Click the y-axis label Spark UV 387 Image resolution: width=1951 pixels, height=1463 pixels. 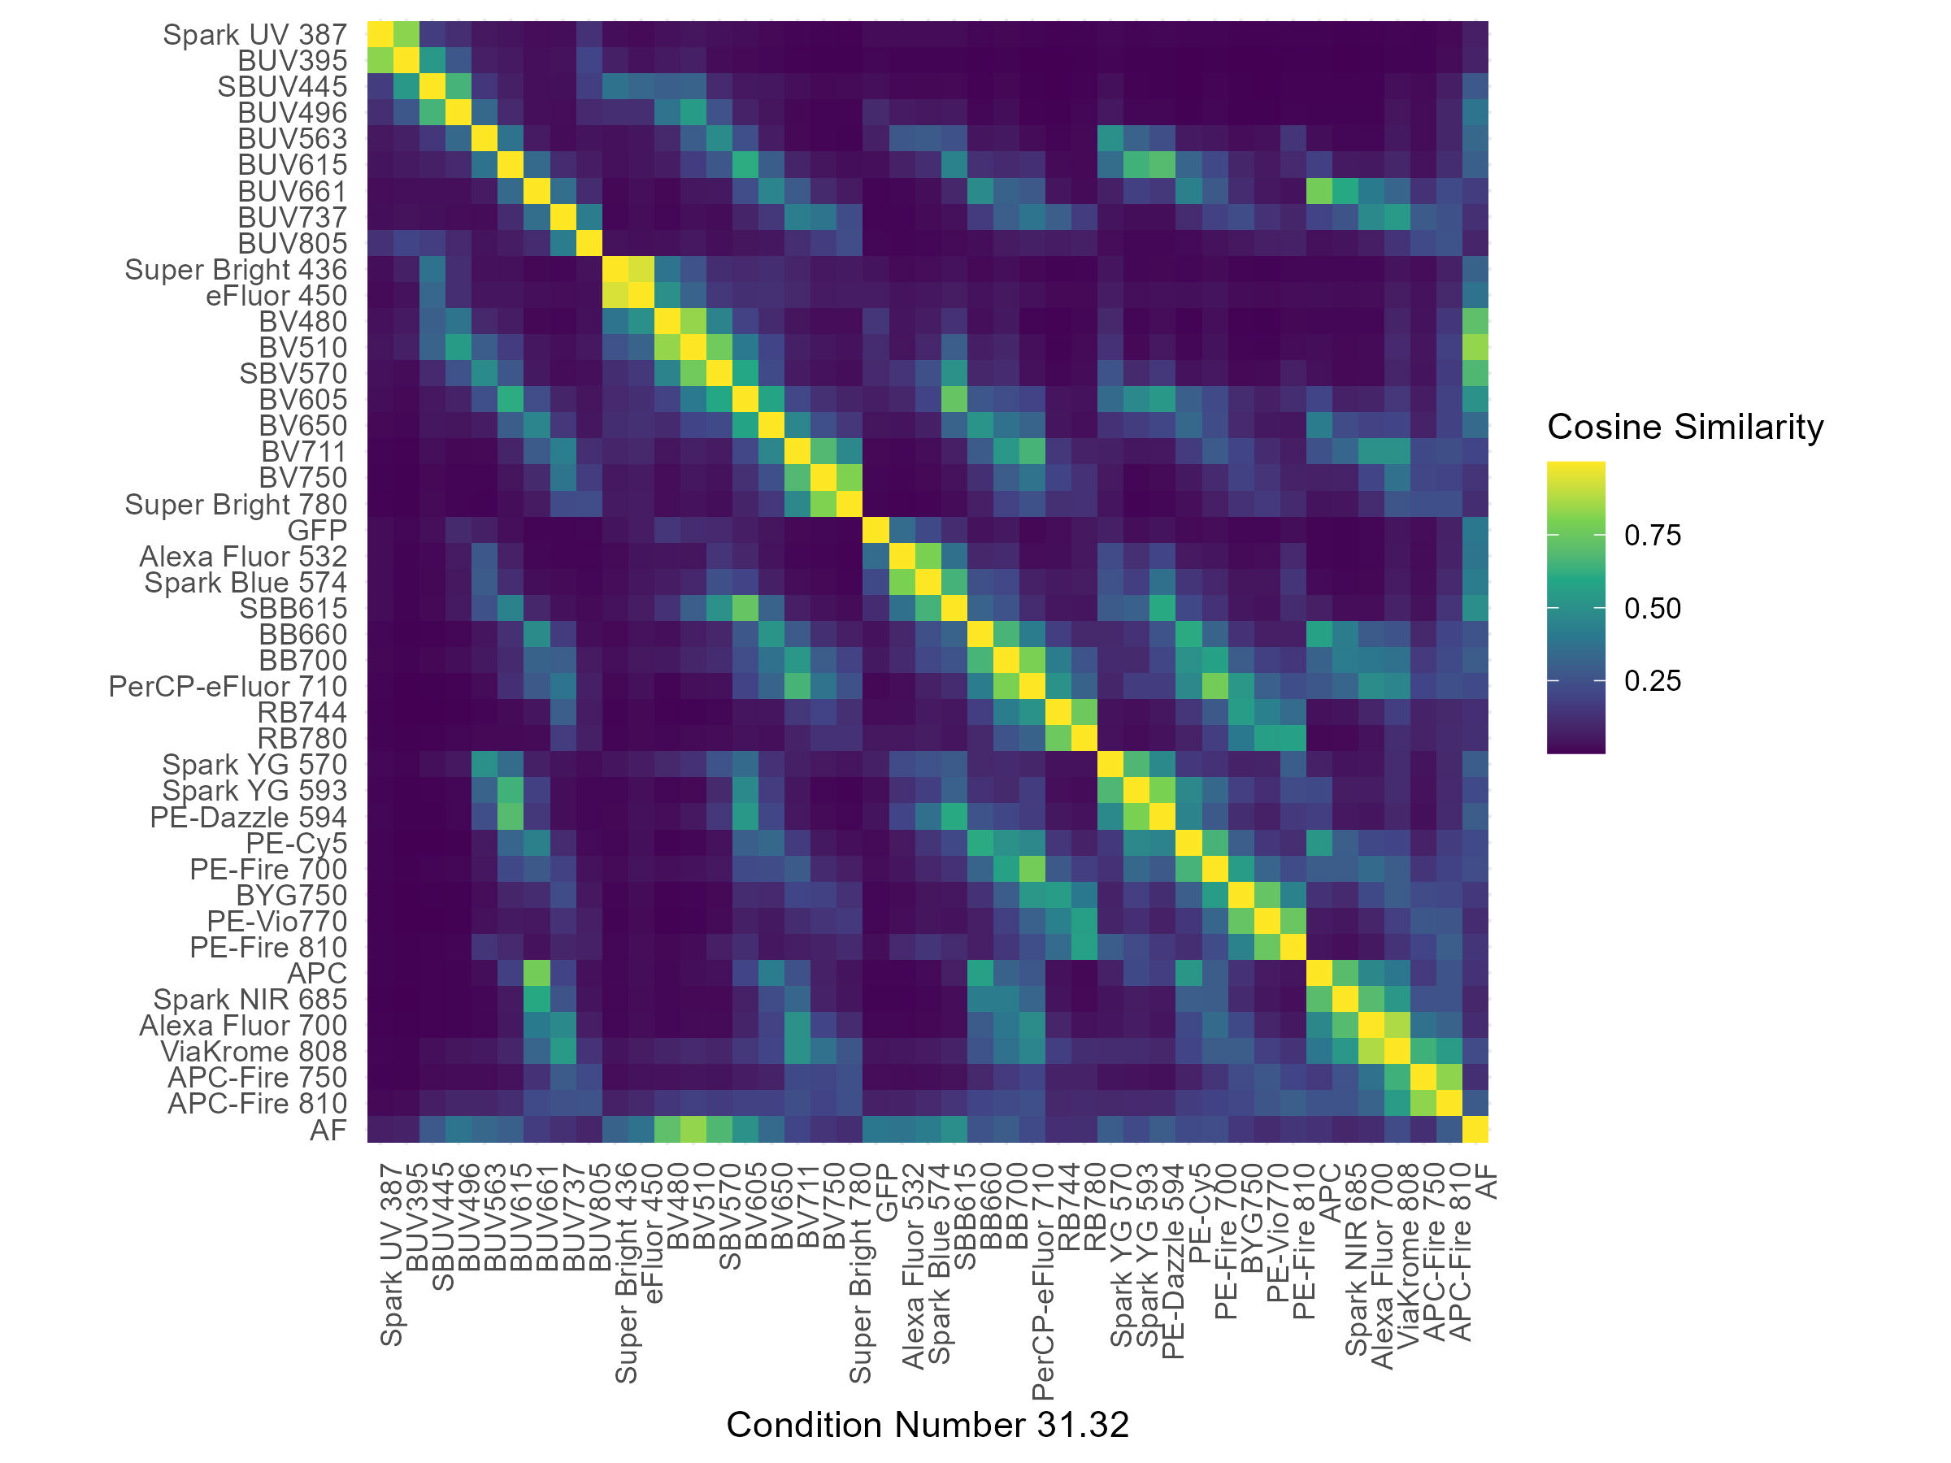point(255,35)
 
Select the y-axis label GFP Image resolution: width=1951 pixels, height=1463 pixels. point(317,531)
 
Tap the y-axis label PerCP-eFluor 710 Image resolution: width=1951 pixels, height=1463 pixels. point(228,687)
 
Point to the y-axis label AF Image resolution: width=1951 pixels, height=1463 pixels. point(328,1131)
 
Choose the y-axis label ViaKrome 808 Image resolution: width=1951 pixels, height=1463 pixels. point(254,1052)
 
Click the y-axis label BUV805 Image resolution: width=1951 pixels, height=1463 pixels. point(292,243)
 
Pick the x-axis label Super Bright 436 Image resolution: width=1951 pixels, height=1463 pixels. point(626,1274)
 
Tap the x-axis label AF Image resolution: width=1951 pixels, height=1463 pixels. point(1487,1182)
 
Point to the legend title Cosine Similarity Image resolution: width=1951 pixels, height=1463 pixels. point(1684,427)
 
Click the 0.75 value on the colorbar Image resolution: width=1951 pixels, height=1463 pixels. point(1652,536)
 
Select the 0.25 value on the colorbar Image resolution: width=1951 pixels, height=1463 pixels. point(1652,681)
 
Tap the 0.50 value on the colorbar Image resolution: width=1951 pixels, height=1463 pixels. point(1652,609)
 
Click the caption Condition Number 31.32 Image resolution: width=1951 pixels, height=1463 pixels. point(927,1425)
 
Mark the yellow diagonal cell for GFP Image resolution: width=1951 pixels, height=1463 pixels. point(876,531)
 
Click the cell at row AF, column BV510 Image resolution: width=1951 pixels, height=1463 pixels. point(693,1131)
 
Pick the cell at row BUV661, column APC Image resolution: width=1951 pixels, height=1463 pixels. point(1319,191)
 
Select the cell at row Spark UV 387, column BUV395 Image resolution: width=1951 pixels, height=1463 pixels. point(406,35)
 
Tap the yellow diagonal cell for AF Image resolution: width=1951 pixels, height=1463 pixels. point(1475,1131)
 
